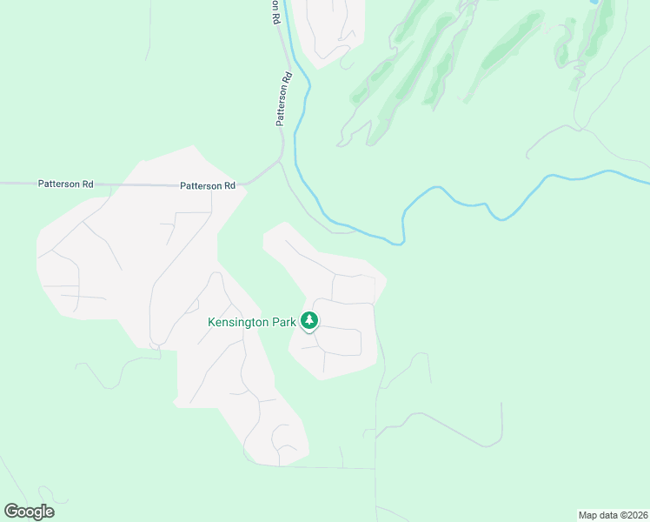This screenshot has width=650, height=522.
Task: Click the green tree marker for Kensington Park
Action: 309,321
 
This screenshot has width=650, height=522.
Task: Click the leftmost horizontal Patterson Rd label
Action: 65,184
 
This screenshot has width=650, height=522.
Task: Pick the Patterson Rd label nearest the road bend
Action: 208,185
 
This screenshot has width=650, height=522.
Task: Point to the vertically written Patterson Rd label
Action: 283,101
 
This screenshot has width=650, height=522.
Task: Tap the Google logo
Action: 29,512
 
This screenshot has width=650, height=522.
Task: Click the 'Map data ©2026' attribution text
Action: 612,515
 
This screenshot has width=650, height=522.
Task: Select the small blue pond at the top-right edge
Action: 595,3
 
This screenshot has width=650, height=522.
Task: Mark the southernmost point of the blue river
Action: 400,243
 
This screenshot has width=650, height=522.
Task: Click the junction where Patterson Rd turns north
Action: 278,162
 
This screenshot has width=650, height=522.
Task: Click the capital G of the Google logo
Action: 10,512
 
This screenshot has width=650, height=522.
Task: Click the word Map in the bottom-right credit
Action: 588,515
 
